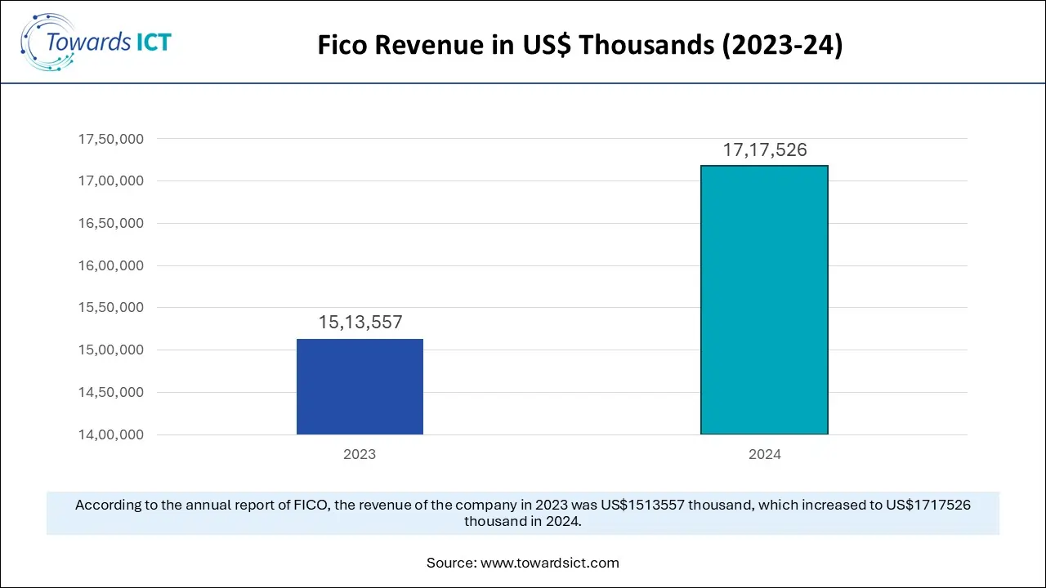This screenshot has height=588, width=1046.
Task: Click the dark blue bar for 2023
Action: (x=360, y=386)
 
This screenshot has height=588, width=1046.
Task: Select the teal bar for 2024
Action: (x=764, y=300)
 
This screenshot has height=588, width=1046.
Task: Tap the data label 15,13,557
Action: (x=360, y=323)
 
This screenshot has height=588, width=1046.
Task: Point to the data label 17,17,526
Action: (x=764, y=150)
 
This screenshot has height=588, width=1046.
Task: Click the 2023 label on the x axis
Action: (x=360, y=455)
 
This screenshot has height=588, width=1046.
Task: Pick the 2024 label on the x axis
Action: (x=764, y=455)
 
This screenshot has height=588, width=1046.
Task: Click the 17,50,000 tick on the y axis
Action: (x=111, y=139)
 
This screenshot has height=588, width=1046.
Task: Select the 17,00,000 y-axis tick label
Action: (x=111, y=181)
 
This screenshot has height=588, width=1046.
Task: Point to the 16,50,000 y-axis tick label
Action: (x=111, y=224)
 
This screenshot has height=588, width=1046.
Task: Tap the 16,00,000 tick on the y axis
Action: (x=111, y=265)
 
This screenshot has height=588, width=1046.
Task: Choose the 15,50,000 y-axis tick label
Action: (x=111, y=308)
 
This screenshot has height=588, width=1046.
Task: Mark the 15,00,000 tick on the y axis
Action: (x=111, y=350)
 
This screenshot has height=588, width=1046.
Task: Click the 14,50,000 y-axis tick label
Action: (x=111, y=393)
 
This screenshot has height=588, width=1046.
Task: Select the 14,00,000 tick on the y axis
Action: (x=111, y=435)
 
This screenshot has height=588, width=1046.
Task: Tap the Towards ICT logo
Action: (x=96, y=41)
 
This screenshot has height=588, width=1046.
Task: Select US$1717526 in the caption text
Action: (x=928, y=505)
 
